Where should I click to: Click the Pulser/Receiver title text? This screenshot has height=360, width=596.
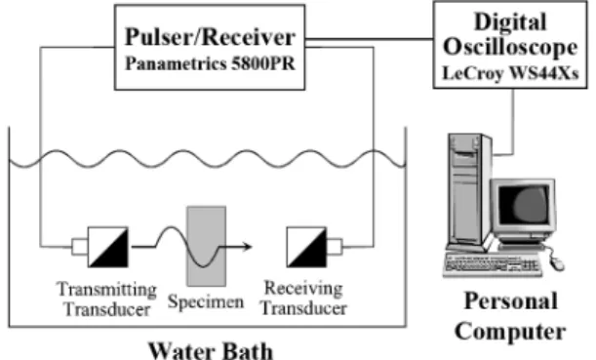pyautogui.click(x=210, y=37)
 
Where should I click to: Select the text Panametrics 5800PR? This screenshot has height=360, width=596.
pyautogui.click(x=210, y=63)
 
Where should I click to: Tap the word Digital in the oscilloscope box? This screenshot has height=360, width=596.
pyautogui.click(x=510, y=21)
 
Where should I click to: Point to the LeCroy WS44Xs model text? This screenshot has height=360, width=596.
pyautogui.click(x=510, y=72)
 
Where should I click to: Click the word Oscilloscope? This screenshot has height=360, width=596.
pyautogui.click(x=510, y=48)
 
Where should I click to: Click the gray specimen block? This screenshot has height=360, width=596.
pyautogui.click(x=207, y=246)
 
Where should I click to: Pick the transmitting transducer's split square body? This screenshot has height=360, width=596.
pyautogui.click(x=108, y=247)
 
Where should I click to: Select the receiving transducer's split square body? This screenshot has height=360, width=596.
pyautogui.click(x=306, y=247)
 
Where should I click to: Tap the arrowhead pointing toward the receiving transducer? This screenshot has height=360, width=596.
pyautogui.click(x=248, y=247)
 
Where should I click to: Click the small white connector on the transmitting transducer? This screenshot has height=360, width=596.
pyautogui.click(x=79, y=247)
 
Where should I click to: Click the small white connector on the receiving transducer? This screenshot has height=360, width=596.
pyautogui.click(x=335, y=247)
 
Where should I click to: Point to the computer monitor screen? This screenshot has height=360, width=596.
pyautogui.click(x=524, y=205)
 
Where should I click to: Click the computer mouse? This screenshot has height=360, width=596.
pyautogui.click(x=557, y=262)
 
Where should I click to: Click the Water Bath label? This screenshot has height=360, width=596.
pyautogui.click(x=210, y=350)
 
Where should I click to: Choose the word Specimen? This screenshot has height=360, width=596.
pyautogui.click(x=206, y=302)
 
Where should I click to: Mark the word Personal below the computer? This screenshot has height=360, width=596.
pyautogui.click(x=510, y=300)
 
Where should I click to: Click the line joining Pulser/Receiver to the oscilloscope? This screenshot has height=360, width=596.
pyautogui.click(x=369, y=39)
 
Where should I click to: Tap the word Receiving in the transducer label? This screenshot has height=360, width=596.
pyautogui.click(x=303, y=289)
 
